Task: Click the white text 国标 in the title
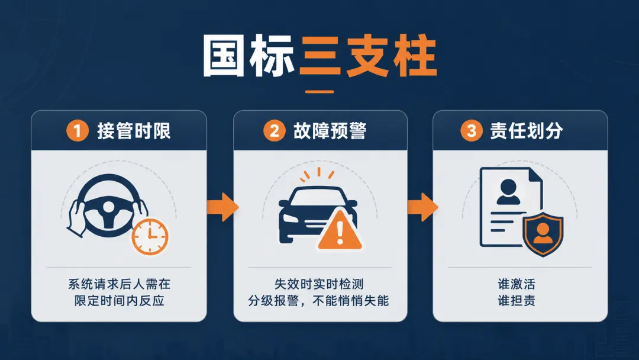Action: click(x=248, y=56)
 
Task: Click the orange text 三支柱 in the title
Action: click(x=368, y=56)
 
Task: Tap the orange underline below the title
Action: click(x=319, y=92)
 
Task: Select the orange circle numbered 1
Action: click(x=78, y=131)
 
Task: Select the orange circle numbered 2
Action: click(x=275, y=131)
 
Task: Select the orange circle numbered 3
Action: click(x=472, y=131)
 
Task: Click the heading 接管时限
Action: click(x=134, y=131)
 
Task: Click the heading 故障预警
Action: click(x=330, y=131)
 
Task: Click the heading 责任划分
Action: click(x=527, y=131)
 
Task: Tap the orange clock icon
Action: click(x=150, y=236)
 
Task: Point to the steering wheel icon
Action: click(x=106, y=207)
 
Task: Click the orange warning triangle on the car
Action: click(x=340, y=230)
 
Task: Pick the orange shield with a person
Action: click(x=543, y=236)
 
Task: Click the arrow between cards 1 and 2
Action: click(x=222, y=207)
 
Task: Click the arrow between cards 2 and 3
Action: click(x=423, y=207)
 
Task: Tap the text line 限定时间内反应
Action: click(x=119, y=301)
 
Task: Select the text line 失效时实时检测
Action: click(x=319, y=284)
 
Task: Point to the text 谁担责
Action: click(x=517, y=301)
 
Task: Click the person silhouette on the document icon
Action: click(x=508, y=192)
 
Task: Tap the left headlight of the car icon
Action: click(x=290, y=218)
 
